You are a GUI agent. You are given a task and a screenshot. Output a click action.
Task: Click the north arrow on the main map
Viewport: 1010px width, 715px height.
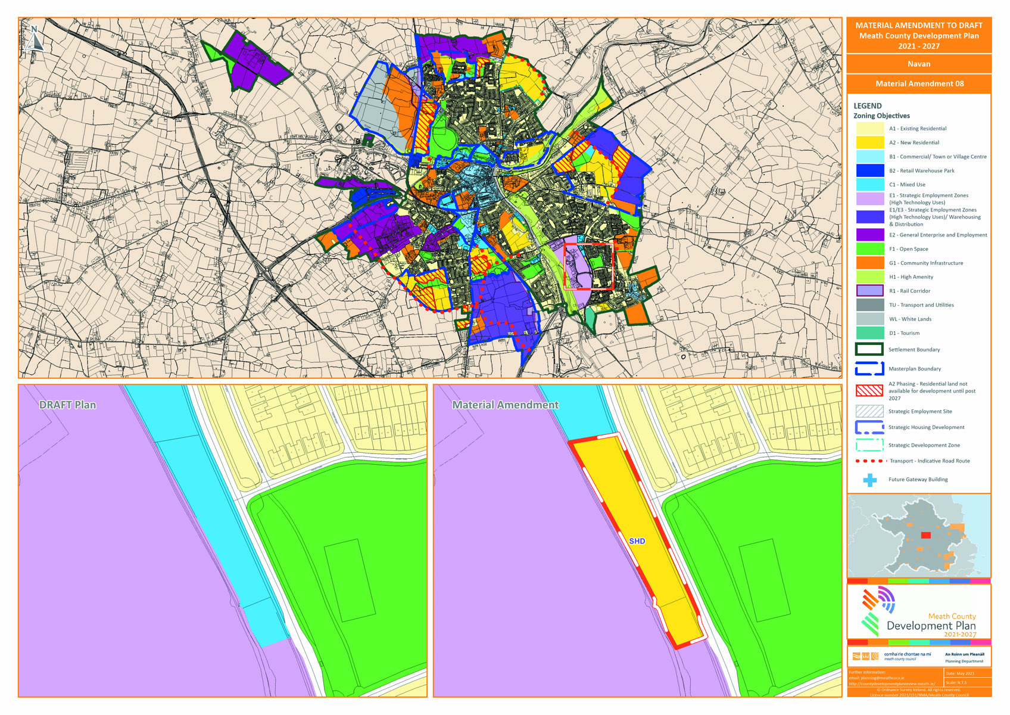point(35,38)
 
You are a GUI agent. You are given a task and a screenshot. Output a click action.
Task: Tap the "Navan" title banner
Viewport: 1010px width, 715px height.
point(918,64)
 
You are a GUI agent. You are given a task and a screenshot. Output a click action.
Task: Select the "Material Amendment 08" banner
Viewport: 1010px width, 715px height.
point(919,83)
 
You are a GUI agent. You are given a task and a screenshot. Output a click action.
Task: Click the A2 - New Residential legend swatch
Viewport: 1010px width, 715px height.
point(869,142)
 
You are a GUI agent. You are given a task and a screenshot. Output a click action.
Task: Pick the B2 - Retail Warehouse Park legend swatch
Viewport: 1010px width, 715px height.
point(869,170)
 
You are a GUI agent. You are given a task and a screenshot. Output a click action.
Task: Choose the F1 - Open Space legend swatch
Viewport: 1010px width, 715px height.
point(869,249)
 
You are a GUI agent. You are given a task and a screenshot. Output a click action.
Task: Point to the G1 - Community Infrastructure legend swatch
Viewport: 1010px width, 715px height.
point(869,263)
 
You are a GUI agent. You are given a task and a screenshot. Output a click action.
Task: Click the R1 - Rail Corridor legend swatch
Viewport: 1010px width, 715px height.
point(869,291)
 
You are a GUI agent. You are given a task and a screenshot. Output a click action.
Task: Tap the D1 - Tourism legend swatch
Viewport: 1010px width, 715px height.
point(869,333)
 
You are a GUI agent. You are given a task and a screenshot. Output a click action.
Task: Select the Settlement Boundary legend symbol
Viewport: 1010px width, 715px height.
point(869,350)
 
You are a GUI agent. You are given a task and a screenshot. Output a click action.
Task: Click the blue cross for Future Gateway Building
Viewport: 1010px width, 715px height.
point(870,480)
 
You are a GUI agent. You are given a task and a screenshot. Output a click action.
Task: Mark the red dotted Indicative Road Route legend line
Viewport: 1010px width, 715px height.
point(869,461)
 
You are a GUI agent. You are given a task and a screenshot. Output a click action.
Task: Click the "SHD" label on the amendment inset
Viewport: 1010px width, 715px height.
point(637,541)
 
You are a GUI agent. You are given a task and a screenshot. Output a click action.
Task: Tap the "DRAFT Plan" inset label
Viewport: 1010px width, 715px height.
point(67,405)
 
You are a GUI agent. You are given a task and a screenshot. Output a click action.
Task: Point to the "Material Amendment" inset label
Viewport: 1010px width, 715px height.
point(505,405)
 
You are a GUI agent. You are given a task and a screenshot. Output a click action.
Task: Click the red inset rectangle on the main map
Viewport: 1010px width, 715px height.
point(588,266)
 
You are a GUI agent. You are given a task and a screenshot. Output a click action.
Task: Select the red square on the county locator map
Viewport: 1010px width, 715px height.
point(925,535)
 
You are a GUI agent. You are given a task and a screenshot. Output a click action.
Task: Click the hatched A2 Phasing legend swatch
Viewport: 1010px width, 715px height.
point(869,391)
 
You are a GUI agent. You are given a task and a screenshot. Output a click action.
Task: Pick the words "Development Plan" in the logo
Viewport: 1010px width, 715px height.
point(931,626)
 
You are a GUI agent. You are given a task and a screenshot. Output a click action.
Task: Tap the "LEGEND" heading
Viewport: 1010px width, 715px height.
point(868,106)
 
